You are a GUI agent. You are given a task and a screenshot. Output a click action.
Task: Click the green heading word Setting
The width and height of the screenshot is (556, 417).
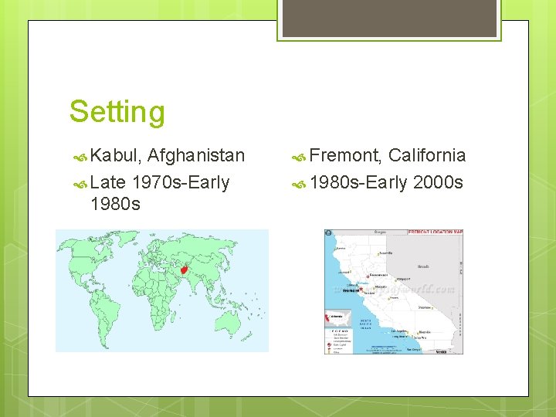117,111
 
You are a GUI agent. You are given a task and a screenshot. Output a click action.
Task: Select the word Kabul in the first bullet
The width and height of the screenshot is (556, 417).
115,156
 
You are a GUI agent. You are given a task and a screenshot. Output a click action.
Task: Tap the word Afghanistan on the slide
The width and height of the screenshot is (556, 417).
195,156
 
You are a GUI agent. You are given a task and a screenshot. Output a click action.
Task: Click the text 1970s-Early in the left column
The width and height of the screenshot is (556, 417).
181,182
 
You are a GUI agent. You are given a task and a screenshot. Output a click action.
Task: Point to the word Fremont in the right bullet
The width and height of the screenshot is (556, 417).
345,156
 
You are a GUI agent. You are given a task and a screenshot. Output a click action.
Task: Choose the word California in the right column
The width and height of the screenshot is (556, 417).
427,156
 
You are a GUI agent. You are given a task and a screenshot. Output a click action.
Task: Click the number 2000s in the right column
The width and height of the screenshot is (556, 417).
438,182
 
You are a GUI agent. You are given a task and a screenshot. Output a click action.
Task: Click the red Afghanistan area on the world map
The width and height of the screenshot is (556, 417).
185,270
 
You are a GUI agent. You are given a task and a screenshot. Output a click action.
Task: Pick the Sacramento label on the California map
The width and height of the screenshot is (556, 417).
379,275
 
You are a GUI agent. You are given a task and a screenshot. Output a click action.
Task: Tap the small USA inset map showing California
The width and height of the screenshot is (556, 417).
338,317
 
